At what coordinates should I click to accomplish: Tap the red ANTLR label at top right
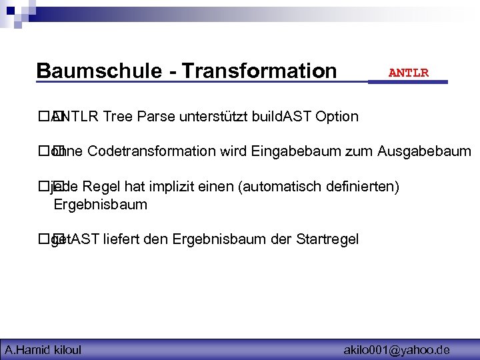408,73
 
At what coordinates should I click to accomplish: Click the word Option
337,117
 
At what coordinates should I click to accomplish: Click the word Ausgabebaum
424,151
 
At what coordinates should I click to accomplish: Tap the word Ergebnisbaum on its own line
100,205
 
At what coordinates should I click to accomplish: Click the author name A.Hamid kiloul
43,349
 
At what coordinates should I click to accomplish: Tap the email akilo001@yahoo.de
396,349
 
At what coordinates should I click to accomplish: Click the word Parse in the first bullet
155,117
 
